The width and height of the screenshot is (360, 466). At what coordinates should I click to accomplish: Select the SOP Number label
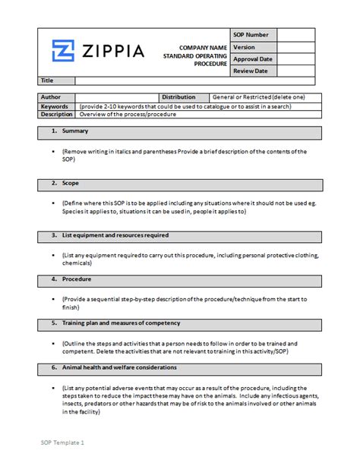[251, 35]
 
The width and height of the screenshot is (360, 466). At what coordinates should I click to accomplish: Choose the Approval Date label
[253, 59]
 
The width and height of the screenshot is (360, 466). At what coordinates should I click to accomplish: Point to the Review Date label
[251, 71]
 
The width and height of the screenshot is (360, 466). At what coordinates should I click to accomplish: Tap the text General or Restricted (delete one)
[258, 97]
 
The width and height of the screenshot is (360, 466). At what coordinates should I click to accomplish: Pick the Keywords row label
[55, 106]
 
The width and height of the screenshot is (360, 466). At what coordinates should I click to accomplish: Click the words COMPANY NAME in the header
[201, 48]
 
